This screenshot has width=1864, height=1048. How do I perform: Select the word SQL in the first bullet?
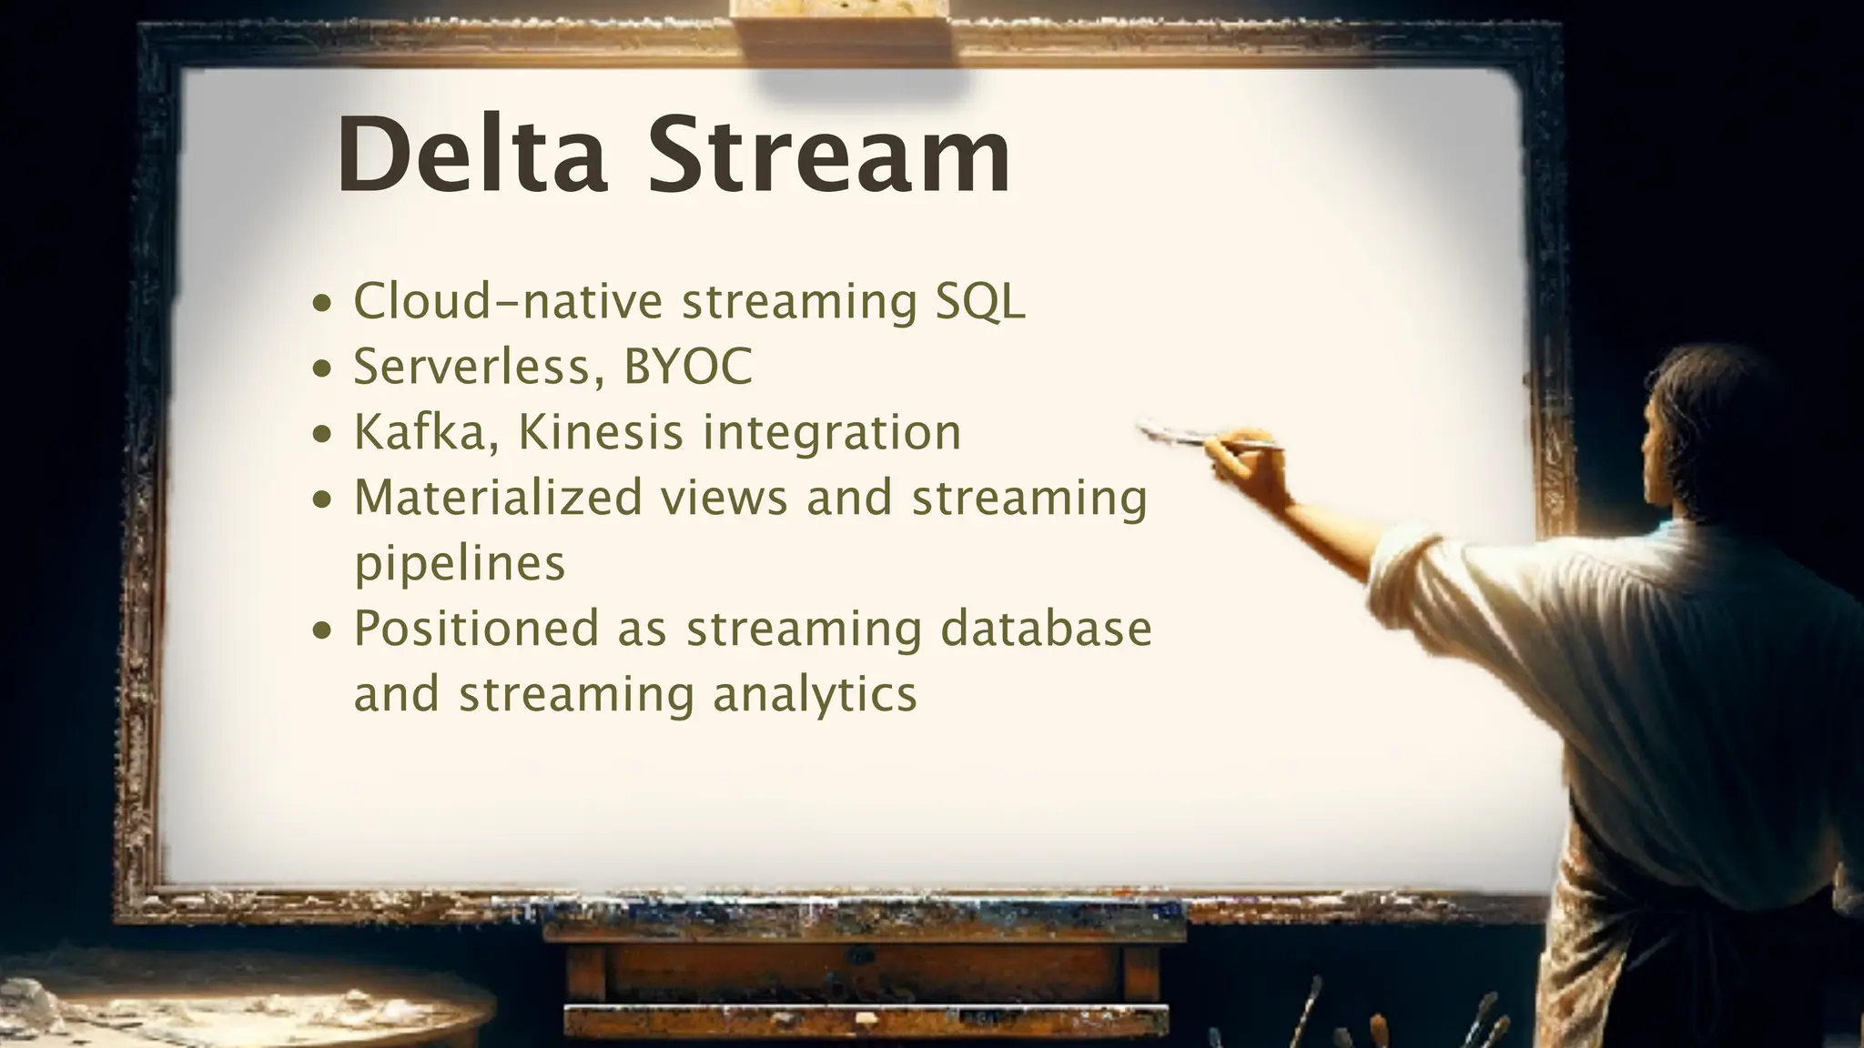980,301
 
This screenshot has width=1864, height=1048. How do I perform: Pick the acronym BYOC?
688,367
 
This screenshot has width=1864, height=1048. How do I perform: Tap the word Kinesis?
601,432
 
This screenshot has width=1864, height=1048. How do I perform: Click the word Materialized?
498,498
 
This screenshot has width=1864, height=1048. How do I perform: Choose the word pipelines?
460,564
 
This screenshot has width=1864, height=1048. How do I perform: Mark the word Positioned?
477,629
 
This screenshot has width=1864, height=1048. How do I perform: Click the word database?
1046,629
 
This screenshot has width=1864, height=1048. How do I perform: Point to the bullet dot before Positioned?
322,631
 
